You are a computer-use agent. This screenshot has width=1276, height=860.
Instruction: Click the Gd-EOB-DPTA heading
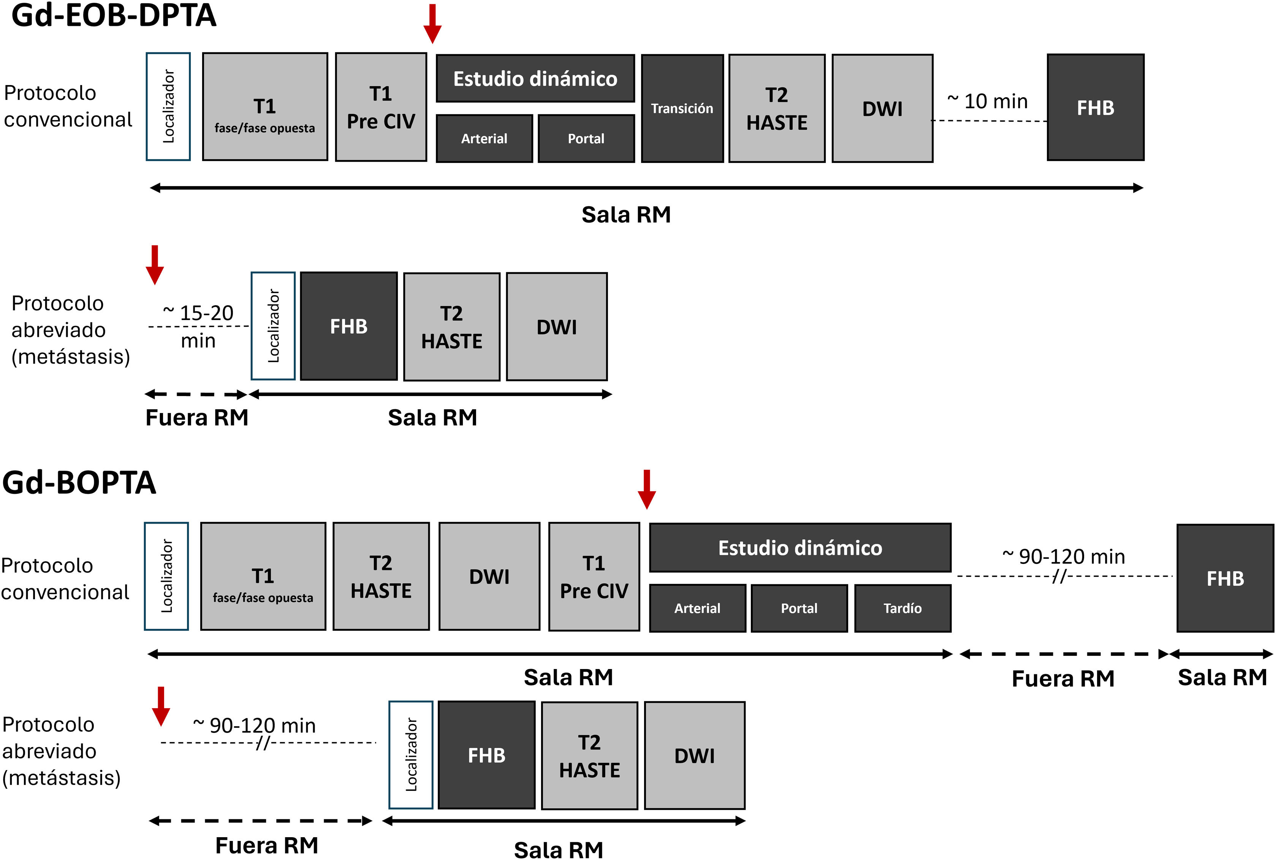pos(114,15)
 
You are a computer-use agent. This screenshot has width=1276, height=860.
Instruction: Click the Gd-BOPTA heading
pos(79,483)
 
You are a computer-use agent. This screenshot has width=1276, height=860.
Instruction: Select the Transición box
pos(682,108)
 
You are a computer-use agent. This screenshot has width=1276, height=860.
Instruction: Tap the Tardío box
pos(902,608)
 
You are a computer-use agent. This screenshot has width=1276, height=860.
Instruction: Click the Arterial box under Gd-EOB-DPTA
pos(484,138)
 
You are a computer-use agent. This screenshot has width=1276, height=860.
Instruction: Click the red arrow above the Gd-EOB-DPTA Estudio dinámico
pos(432,24)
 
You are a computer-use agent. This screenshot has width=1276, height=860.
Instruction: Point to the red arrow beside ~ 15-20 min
pos(155,264)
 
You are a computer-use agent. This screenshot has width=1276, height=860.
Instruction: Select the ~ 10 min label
pos(987,101)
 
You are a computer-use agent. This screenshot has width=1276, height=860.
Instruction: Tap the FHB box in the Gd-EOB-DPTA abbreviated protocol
pos(348,326)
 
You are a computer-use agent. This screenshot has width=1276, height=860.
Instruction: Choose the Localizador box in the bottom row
pos(410,755)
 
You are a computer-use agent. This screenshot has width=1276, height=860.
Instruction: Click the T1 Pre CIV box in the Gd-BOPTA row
pos(594,576)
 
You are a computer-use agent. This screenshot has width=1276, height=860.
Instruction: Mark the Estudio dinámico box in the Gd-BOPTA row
pos(799,548)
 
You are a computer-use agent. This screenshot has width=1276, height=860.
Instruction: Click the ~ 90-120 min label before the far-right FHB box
pos(1064,557)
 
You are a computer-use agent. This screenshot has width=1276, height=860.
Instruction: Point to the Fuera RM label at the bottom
pos(267,845)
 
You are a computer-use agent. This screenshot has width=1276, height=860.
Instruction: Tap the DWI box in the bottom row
pos(694,755)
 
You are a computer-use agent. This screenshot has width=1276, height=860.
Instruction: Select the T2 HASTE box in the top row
pos(777,108)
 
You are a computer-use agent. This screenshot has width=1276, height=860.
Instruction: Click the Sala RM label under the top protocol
pos(626,215)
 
